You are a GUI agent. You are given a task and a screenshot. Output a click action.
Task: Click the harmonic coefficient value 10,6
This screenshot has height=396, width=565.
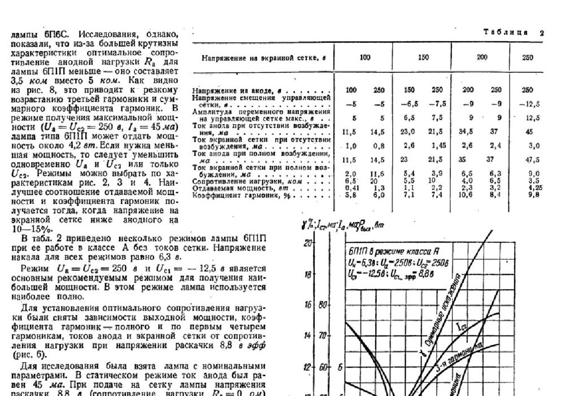(467, 195)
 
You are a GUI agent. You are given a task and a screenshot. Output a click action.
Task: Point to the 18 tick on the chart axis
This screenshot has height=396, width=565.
(308, 275)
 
